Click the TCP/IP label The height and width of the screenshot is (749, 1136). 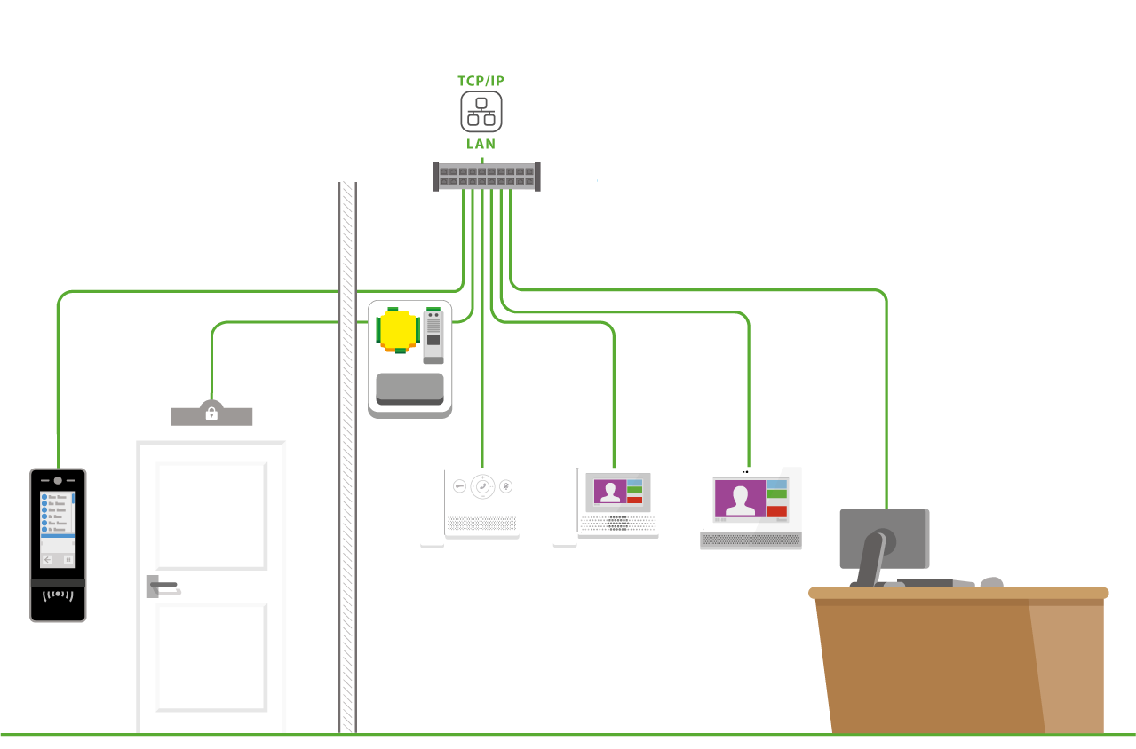click(x=481, y=81)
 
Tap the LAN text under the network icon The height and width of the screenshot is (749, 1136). click(x=481, y=144)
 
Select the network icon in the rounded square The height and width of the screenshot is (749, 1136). click(x=481, y=112)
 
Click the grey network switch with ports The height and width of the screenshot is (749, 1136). click(x=487, y=176)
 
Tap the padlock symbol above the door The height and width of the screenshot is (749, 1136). click(x=211, y=414)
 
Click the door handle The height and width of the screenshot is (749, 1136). click(x=163, y=586)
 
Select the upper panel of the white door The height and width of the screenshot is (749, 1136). click(x=211, y=515)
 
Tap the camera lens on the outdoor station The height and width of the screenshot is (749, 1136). click(x=58, y=480)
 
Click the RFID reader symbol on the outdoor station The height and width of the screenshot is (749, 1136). click(x=58, y=594)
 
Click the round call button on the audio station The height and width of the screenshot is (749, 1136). click(x=482, y=486)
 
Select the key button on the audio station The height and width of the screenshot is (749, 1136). click(x=459, y=486)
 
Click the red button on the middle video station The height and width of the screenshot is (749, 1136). click(x=634, y=500)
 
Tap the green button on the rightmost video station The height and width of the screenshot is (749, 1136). click(x=777, y=494)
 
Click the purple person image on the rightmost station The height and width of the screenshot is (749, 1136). click(x=739, y=498)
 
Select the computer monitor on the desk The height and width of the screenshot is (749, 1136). click(x=884, y=538)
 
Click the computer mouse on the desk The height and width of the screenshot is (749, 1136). click(x=991, y=582)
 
